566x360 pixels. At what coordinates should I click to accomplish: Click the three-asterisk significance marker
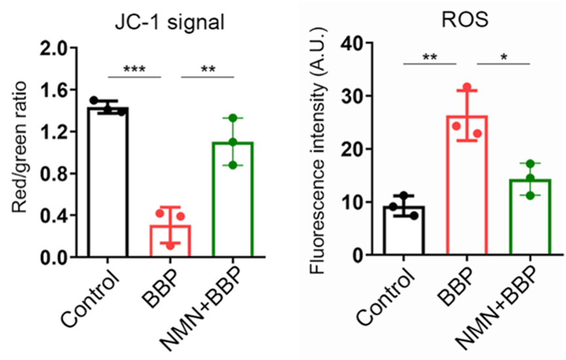tap(133, 68)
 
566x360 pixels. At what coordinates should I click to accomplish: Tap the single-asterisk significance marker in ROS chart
tap(504, 58)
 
